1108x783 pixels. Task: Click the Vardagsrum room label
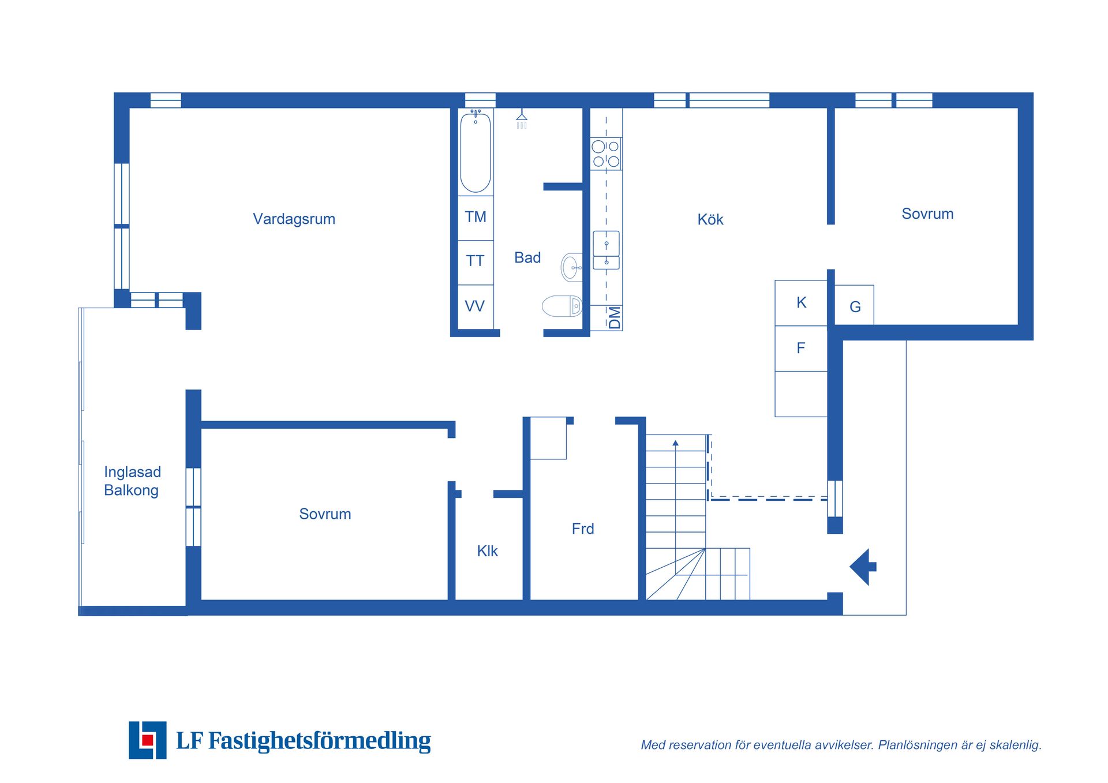point(294,219)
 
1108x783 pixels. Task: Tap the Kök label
point(710,219)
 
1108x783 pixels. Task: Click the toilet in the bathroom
point(562,306)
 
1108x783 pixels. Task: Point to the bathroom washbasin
point(571,268)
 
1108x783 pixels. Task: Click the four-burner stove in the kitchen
point(606,153)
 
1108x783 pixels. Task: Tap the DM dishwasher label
point(615,317)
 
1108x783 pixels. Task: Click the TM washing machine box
point(476,217)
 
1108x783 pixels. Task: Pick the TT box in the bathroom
point(476,261)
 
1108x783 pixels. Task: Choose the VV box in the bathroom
point(475,306)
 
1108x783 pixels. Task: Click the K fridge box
point(801,302)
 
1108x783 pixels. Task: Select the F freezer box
point(801,348)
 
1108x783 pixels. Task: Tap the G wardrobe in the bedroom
point(855,306)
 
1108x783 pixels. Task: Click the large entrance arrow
point(863,567)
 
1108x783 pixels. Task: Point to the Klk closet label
point(487,551)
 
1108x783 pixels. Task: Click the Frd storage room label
point(583,529)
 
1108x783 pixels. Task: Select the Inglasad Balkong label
point(132,481)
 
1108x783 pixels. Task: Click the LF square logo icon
point(148,740)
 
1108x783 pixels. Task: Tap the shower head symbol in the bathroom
point(522,118)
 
